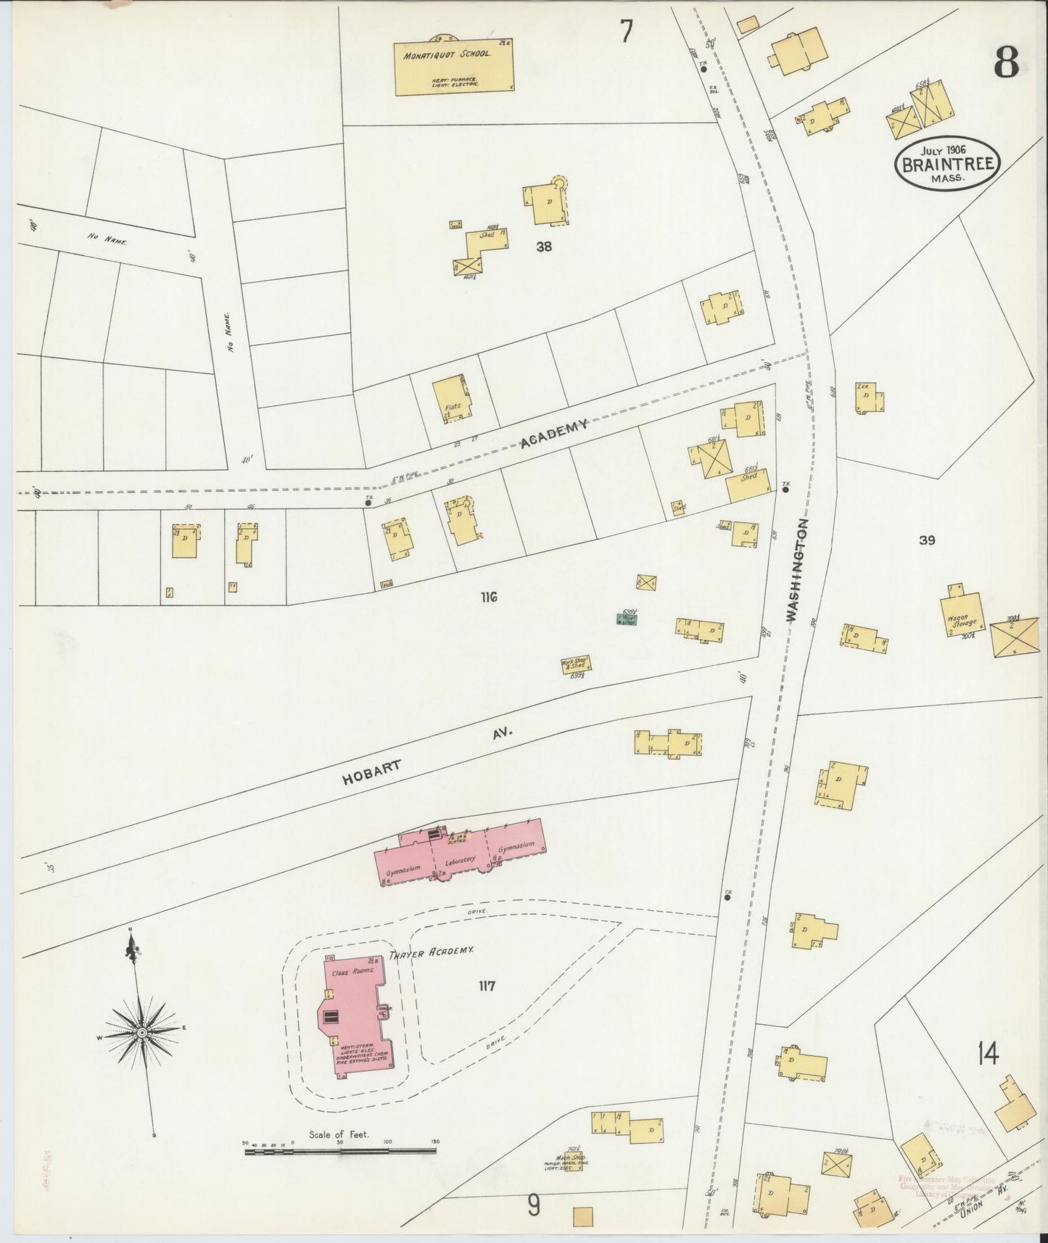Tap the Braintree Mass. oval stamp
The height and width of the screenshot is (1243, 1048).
[x=947, y=164]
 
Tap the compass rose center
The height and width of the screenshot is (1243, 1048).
[x=142, y=1032]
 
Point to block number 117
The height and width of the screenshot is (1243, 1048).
[x=487, y=986]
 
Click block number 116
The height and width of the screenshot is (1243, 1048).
[x=488, y=598]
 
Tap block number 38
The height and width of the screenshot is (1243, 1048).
[x=544, y=247]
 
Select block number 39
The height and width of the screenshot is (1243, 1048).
[x=926, y=540]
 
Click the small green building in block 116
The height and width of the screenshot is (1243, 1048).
[x=626, y=619]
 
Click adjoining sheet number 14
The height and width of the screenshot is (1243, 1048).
[x=987, y=1052]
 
